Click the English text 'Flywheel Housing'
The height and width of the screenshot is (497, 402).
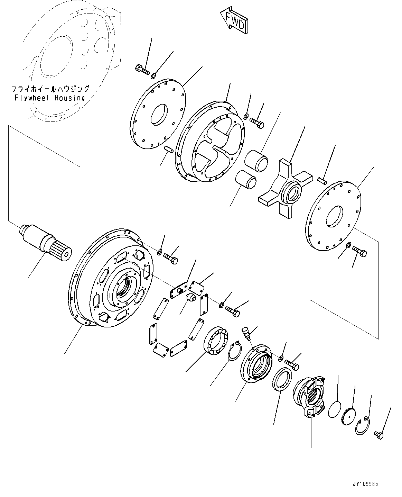click(50, 98)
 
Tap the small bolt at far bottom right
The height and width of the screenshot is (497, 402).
click(379, 434)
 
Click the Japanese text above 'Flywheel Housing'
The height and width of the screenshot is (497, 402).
click(50, 89)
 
